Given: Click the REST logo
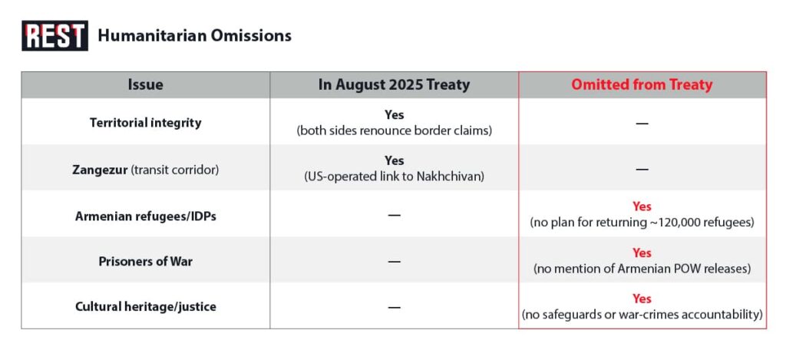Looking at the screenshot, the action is click(x=54, y=35).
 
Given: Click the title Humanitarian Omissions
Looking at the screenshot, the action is click(x=194, y=35).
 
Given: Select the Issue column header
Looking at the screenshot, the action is click(x=145, y=84).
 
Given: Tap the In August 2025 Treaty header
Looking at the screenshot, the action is click(x=394, y=84).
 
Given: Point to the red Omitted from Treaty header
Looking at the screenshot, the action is click(x=642, y=84).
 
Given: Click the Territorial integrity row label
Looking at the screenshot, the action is click(x=145, y=123).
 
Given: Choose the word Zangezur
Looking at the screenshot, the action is click(x=100, y=170).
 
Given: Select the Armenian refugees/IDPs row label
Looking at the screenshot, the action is click(x=145, y=216).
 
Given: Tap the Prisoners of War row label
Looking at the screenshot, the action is click(x=145, y=262).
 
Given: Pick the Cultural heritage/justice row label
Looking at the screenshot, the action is click(x=145, y=306).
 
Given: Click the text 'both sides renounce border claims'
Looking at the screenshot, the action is click(x=394, y=131).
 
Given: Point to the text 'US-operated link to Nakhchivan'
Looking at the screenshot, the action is click(x=394, y=177).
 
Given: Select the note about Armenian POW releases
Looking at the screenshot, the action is click(x=642, y=269).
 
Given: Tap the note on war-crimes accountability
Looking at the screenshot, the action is click(x=642, y=315).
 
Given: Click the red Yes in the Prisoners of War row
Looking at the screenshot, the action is click(x=642, y=253).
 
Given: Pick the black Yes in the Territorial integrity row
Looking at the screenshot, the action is click(x=394, y=115).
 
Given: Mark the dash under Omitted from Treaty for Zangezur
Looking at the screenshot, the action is click(x=642, y=170).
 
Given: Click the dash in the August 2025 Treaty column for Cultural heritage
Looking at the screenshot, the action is click(x=394, y=307).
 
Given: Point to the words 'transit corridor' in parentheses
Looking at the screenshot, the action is click(x=175, y=170).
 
